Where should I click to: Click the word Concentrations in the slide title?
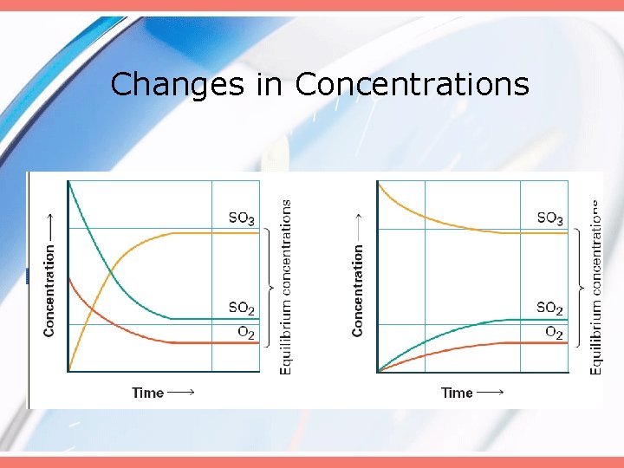tap(412, 84)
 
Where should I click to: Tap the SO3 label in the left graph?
tap(241, 218)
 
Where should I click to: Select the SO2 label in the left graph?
tap(241, 308)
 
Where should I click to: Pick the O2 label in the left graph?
tap(245, 332)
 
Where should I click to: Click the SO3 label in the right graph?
tap(549, 218)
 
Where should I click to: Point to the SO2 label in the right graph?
tap(549, 308)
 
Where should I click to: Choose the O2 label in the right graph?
tap(554, 332)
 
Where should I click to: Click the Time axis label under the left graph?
tap(147, 393)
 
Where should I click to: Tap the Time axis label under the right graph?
tap(457, 393)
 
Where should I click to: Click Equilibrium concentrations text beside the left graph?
tap(286, 287)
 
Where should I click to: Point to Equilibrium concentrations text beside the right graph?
tap(595, 287)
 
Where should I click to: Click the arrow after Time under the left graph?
tap(180, 393)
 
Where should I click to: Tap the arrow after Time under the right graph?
tap(490, 393)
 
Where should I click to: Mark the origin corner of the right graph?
tap(377, 372)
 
